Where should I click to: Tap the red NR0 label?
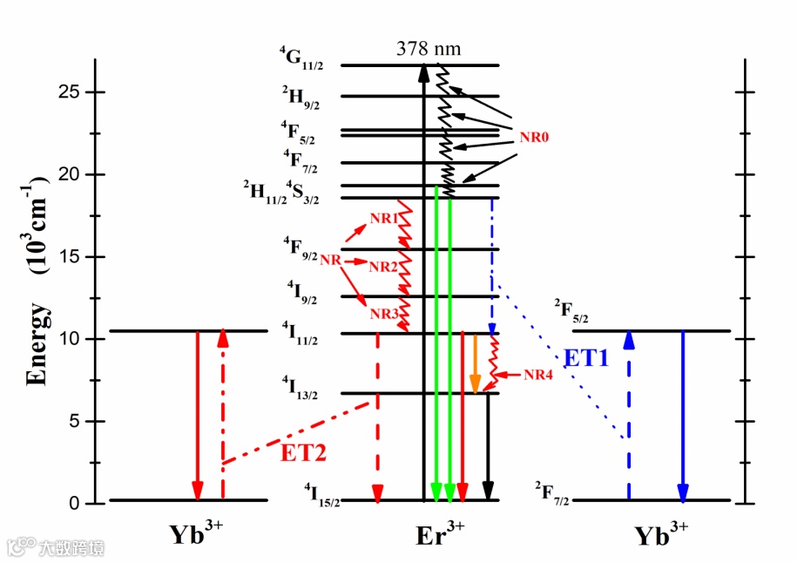(535, 137)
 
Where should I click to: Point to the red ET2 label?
(304, 451)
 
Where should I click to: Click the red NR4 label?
(538, 376)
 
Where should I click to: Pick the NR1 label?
(383, 219)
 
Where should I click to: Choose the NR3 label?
(383, 314)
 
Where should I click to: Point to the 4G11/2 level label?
(301, 58)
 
